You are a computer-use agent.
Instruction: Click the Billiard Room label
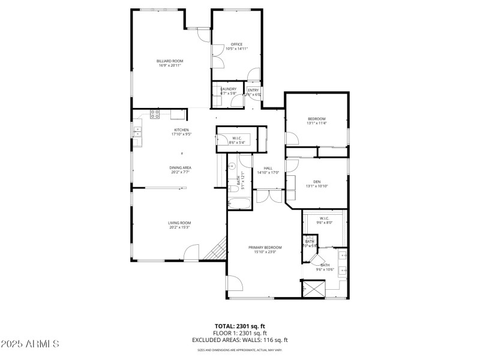pos(170,61)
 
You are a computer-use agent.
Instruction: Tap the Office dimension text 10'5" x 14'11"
pos(236,49)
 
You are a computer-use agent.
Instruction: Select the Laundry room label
pos(228,89)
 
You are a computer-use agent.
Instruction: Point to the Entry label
pos(253,90)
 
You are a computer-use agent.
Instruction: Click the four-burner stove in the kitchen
pos(155,113)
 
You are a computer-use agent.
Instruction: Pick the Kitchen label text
pos(181,130)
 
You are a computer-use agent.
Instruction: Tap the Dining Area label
pos(180,167)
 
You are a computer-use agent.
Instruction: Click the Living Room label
pos(179,223)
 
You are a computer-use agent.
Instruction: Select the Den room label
pos(317,182)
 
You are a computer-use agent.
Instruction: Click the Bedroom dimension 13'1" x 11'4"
pos(317,124)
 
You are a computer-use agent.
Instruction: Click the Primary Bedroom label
pos(265,247)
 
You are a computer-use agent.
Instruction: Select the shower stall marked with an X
pos(312,289)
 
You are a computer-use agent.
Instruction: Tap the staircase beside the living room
pos(215,250)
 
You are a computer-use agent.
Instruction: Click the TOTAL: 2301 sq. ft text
pos(240,326)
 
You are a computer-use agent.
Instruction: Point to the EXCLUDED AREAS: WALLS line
pos(240,340)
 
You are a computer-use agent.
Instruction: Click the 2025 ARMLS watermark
pos(30,344)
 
